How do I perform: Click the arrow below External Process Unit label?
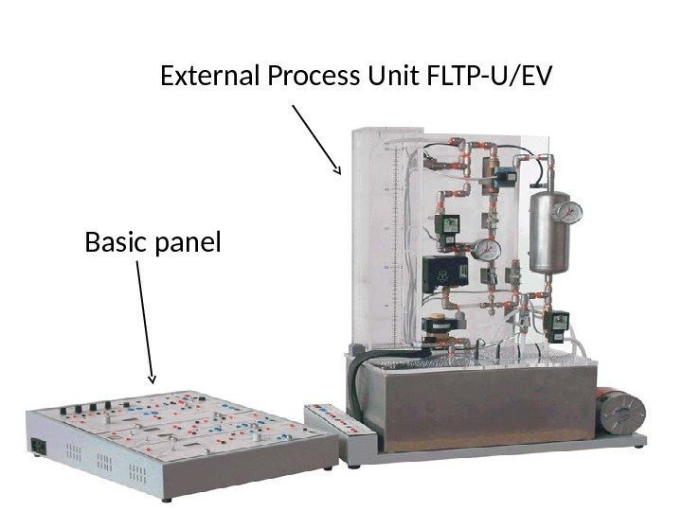[x=316, y=139]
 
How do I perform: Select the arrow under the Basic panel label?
[x=145, y=322]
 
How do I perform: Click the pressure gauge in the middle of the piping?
[x=487, y=249]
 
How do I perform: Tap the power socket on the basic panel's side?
[x=39, y=446]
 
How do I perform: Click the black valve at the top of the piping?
[x=507, y=176]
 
